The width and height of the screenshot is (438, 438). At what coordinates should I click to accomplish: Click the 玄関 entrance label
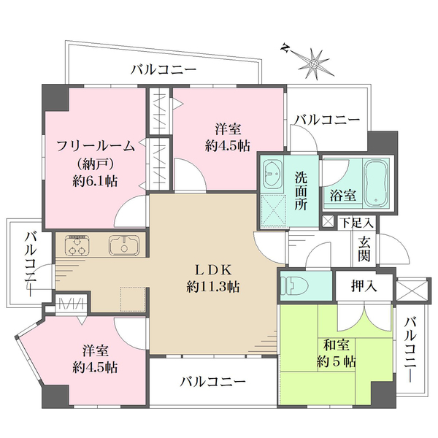click(364, 250)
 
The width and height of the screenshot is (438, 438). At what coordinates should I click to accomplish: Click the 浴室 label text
click(342, 195)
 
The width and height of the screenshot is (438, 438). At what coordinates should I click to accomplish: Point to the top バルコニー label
click(164, 70)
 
